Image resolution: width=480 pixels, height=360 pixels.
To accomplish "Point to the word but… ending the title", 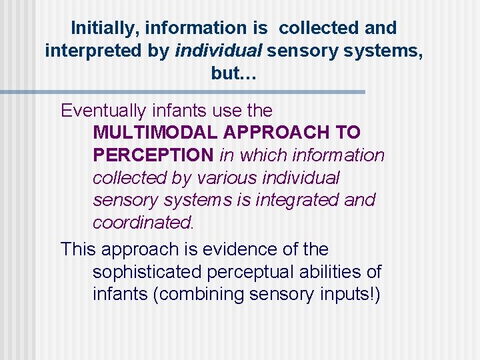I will point(233,73).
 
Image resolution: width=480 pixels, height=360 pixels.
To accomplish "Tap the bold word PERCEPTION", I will point(153,155).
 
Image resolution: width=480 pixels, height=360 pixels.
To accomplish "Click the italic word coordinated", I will point(137,222).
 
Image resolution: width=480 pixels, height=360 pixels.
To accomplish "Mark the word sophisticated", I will point(151,272).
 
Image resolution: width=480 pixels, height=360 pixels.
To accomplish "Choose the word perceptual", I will point(261,272).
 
